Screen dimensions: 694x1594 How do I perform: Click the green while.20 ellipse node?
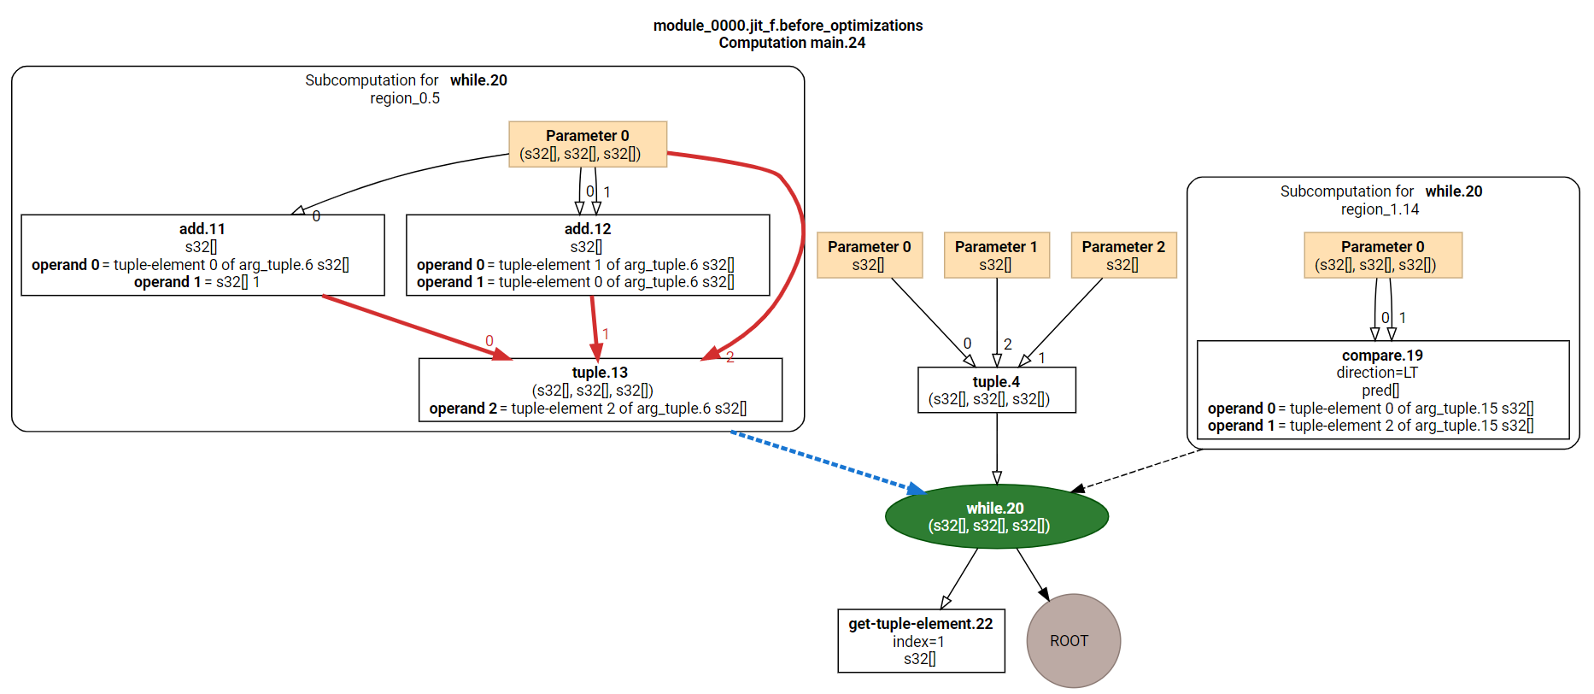tap(996, 516)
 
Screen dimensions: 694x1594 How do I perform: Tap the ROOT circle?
tap(1073, 640)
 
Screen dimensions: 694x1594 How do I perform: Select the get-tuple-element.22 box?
tap(921, 641)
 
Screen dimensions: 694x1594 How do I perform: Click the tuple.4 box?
tap(996, 391)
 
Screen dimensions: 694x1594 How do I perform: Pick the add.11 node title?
tap(202, 229)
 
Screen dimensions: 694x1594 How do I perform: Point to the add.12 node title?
tap(588, 229)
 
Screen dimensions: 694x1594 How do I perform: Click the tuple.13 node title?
tap(600, 373)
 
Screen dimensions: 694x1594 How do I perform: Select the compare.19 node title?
tap(1382, 356)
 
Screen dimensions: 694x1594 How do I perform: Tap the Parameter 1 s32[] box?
tap(996, 256)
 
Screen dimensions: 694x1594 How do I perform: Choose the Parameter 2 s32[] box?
tap(1123, 256)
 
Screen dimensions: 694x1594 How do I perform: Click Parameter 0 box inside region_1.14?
tap(1383, 256)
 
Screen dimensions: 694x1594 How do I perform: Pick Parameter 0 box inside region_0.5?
tap(588, 144)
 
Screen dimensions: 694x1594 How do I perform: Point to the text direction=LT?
tap(1377, 373)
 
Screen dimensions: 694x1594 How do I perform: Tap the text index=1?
tap(918, 642)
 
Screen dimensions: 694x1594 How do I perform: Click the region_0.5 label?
tap(405, 98)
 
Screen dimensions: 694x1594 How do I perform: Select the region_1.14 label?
tap(1380, 209)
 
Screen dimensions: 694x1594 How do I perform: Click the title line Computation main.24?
tap(792, 43)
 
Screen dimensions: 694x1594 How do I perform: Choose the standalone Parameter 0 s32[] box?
tap(870, 256)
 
